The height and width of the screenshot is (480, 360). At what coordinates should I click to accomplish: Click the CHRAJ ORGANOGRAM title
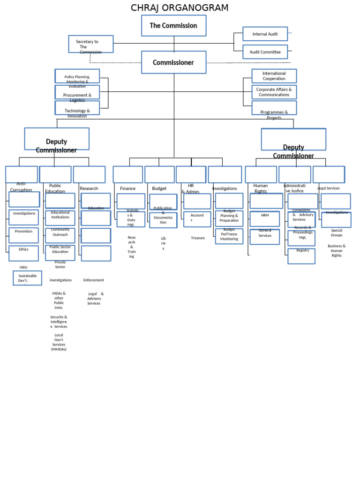coord(180,8)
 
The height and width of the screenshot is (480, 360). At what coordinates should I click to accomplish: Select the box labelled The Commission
coord(173,25)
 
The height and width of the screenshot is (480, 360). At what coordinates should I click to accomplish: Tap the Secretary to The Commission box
coord(90,44)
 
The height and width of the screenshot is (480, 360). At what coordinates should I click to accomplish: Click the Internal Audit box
coord(265,34)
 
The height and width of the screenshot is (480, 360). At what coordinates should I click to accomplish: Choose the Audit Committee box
coord(265,52)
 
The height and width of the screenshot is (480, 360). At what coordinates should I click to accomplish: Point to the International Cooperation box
coord(274,76)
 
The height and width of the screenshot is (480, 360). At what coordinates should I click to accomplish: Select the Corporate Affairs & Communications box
coord(274,92)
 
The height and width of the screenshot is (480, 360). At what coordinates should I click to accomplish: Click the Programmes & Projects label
coord(274,114)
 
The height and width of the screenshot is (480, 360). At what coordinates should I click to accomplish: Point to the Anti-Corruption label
coord(21,187)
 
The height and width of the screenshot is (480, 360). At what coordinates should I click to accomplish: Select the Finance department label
coord(127,188)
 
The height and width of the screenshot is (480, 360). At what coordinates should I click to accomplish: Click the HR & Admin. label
coord(191,188)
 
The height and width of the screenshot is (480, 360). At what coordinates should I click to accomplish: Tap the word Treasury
coord(198,238)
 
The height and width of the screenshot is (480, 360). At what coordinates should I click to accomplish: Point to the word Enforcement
coord(94,280)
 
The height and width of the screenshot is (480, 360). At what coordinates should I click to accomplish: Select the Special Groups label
coord(337,232)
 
